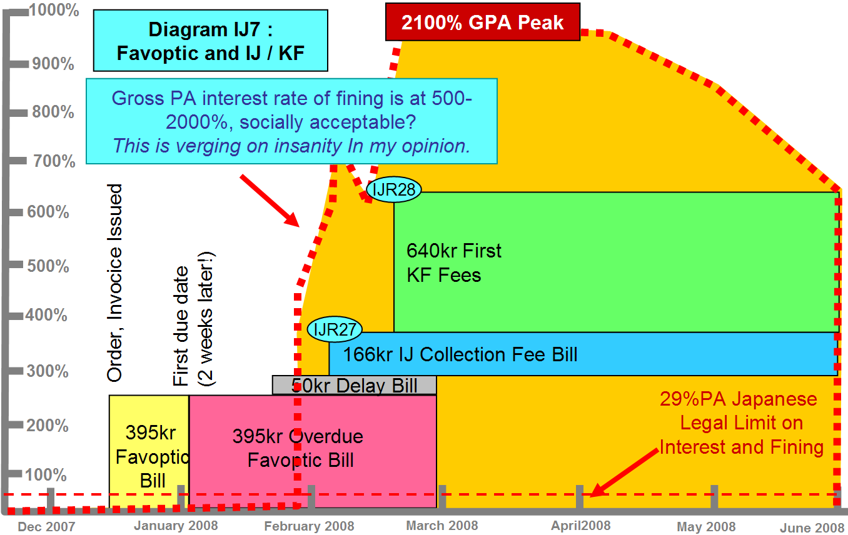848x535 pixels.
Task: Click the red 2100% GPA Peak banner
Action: pos(483,22)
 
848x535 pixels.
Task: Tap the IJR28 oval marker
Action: pos(394,189)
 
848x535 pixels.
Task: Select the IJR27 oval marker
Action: pos(335,329)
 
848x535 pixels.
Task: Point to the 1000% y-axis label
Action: pos(54,10)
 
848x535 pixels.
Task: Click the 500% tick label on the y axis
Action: pos(48,266)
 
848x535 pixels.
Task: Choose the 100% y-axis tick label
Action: pos(46,475)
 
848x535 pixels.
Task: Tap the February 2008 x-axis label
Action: pos(309,526)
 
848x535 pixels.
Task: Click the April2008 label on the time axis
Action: pos(581,526)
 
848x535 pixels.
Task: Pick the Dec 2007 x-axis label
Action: pos(46,527)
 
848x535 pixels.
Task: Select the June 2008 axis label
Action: pos(812,527)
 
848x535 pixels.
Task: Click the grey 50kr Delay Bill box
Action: pos(355,385)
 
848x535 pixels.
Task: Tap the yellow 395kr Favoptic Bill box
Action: pos(149,451)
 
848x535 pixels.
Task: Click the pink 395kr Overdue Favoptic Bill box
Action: pos(313,451)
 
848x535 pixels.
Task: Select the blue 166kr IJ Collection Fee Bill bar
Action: pos(583,354)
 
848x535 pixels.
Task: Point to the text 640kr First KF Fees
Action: pos(453,263)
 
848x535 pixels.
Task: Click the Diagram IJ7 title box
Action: pos(211,41)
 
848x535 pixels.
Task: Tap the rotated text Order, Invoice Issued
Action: pos(114,282)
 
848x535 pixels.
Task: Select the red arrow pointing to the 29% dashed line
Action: pos(625,472)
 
